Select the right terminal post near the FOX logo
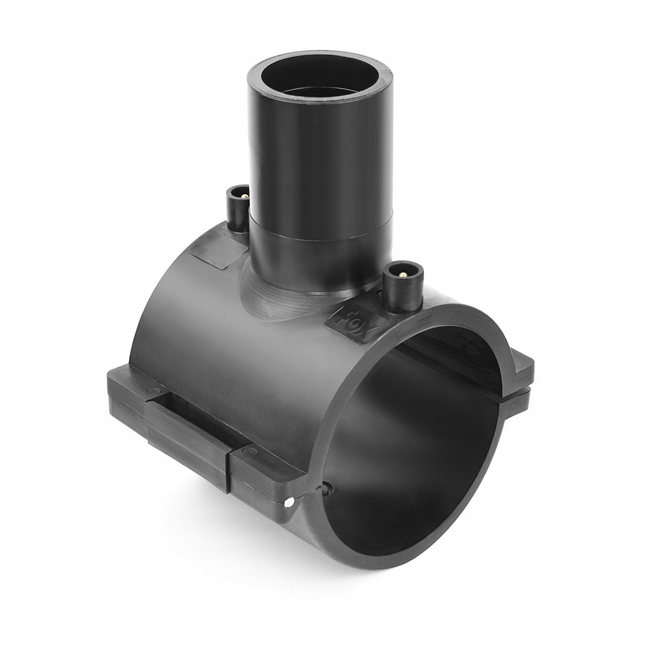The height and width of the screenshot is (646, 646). [402, 287]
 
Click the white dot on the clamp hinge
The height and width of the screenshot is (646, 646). [289, 501]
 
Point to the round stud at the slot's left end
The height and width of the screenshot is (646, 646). [151, 391]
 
